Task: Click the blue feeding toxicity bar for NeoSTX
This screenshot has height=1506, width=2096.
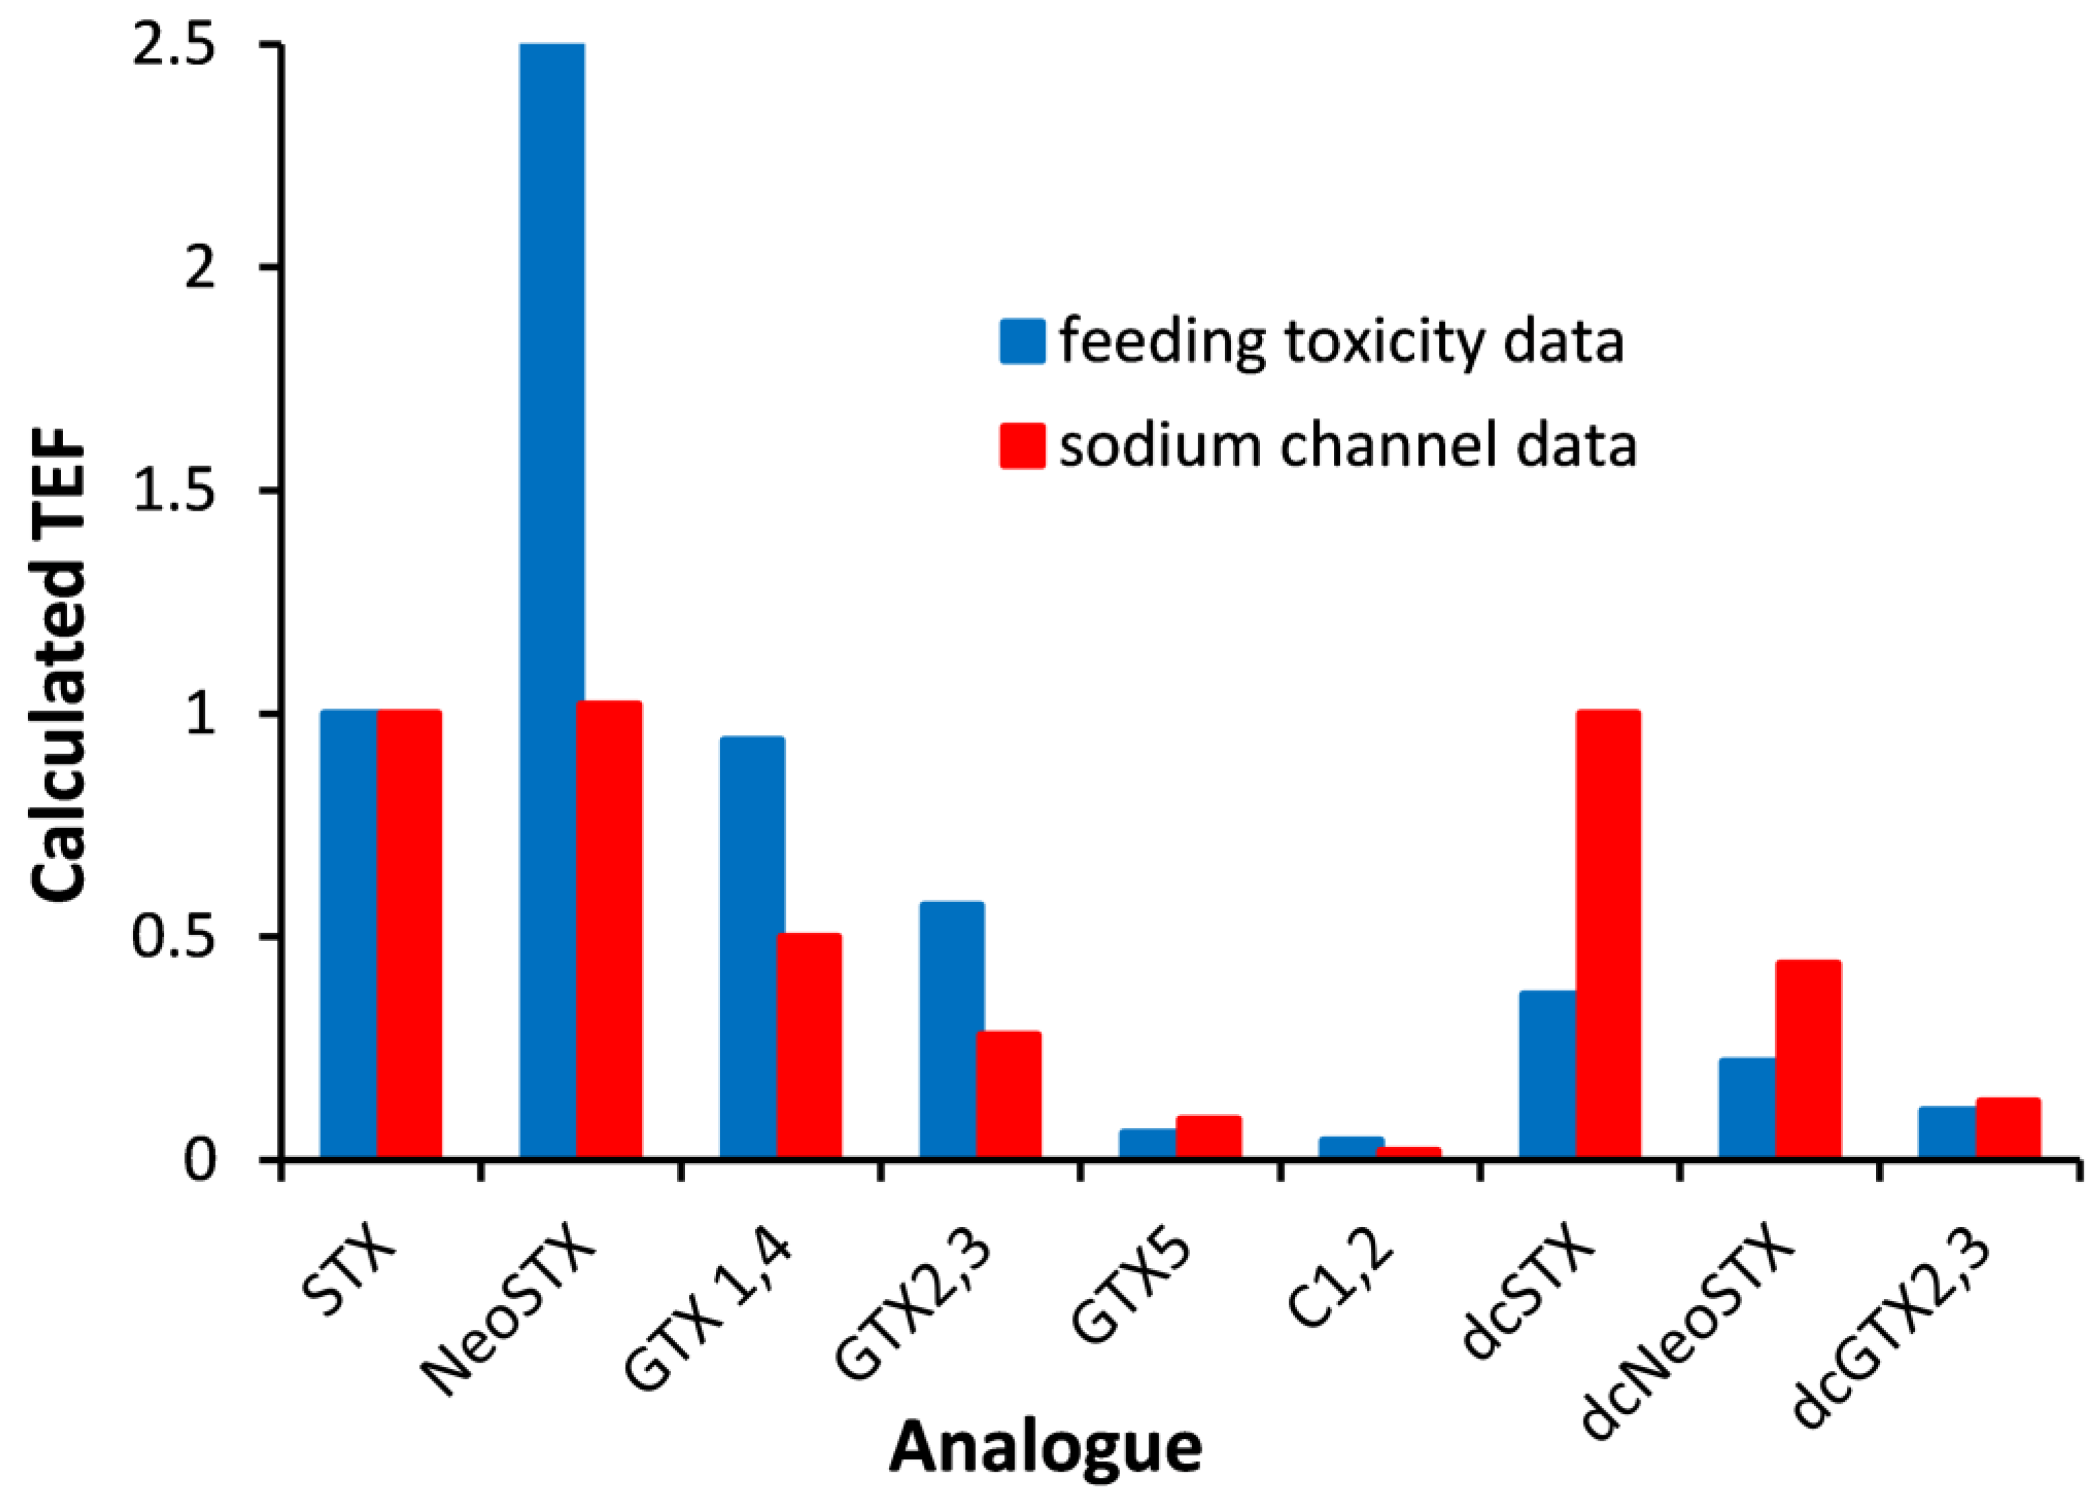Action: pyautogui.click(x=551, y=600)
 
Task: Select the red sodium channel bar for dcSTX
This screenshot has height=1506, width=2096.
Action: pyautogui.click(x=1608, y=933)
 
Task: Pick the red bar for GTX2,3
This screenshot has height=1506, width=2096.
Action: pyautogui.click(x=1008, y=1095)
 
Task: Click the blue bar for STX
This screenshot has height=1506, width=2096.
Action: pyautogui.click(x=348, y=933)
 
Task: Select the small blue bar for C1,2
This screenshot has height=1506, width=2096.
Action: pyautogui.click(x=1350, y=1147)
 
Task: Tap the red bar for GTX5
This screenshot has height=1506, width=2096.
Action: pyautogui.click(x=1208, y=1137)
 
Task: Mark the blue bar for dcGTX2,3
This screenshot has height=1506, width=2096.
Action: pyautogui.click(x=1946, y=1132)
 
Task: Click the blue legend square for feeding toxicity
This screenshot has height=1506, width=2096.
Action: pyautogui.click(x=1022, y=342)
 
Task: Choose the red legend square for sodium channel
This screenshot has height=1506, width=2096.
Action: pyautogui.click(x=1022, y=446)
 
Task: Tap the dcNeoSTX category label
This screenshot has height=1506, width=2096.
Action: pyautogui.click(x=1687, y=1331)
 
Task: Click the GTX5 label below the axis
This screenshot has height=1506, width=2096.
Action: pyautogui.click(x=1132, y=1289)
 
